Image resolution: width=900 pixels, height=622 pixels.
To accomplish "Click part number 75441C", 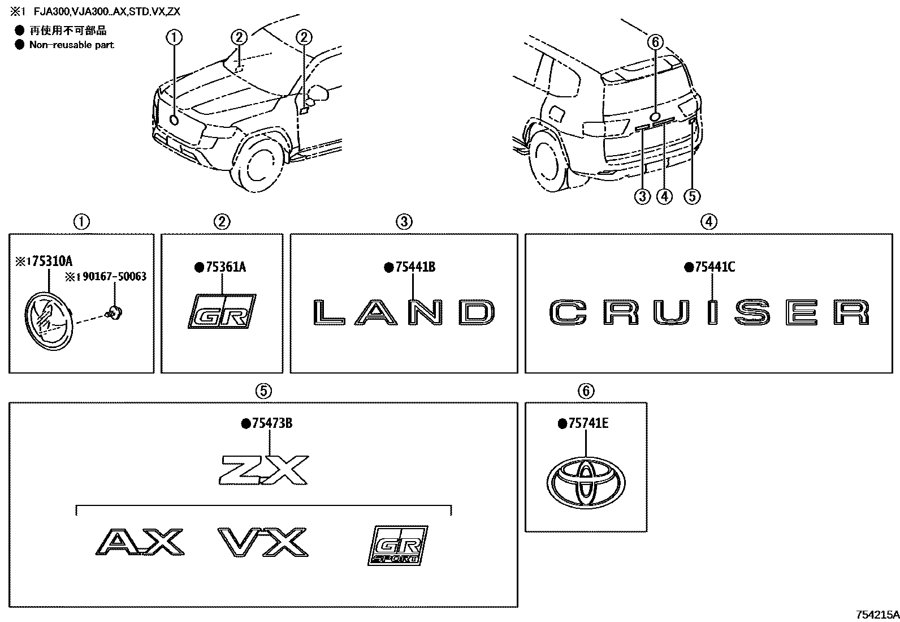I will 714,267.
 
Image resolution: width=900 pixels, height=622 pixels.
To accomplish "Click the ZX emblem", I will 265,469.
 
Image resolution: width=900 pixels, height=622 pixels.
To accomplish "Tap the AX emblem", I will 139,543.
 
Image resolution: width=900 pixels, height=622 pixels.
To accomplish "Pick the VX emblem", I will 263,543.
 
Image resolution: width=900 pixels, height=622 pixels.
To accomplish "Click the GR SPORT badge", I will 397,545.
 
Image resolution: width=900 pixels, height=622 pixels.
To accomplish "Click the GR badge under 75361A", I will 222,311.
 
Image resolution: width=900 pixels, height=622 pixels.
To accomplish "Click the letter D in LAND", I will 478,312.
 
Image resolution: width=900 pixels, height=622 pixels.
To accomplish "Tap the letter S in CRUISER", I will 754,313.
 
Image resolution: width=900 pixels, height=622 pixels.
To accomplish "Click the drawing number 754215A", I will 876,615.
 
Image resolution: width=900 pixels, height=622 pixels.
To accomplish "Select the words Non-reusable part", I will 71,45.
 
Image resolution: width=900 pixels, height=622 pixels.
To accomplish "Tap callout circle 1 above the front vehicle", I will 174,37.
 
